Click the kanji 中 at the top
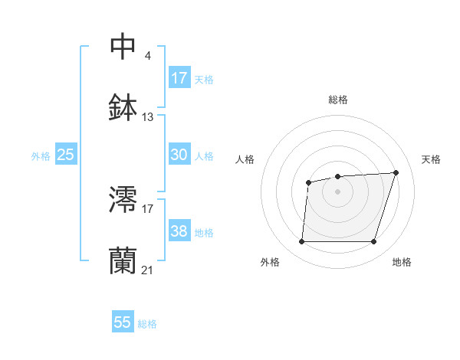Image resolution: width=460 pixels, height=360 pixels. (x=123, y=46)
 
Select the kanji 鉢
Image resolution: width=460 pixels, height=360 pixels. (x=123, y=107)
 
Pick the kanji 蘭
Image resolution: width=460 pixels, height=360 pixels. (x=123, y=260)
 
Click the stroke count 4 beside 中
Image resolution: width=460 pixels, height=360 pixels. (x=147, y=55)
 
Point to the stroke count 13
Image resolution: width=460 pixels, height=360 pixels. (x=148, y=117)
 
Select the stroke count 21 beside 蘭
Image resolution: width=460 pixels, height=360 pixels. (x=148, y=270)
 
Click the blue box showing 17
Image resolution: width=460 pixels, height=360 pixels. (x=179, y=78)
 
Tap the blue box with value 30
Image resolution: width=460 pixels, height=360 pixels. (x=179, y=155)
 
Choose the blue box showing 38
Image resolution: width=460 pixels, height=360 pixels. (x=179, y=231)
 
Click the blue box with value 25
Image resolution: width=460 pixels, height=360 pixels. (x=66, y=155)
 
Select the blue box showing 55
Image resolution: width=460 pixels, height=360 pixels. (x=123, y=322)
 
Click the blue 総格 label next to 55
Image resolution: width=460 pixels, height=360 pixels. (x=147, y=324)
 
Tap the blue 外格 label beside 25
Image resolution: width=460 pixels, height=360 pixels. (x=41, y=156)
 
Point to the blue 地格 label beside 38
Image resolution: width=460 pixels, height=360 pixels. (x=204, y=233)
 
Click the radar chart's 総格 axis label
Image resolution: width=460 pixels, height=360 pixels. (x=337, y=100)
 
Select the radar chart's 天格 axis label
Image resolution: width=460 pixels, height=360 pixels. (x=432, y=159)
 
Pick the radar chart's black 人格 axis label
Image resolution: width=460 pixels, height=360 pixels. (x=245, y=159)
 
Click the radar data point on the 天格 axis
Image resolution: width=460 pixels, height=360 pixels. (x=396, y=172)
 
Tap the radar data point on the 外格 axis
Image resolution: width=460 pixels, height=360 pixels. (x=301, y=242)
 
